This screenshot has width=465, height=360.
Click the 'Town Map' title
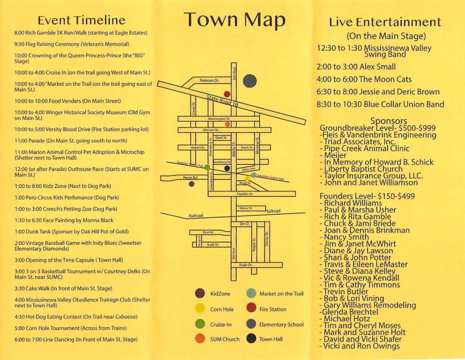235,20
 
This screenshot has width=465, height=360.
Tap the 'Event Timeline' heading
81,21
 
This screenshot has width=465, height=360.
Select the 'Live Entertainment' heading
385,22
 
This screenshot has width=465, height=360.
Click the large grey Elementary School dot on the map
251,81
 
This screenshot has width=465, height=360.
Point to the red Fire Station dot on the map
227,94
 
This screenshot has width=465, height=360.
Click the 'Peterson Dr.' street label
209,80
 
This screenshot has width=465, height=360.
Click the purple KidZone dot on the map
191,184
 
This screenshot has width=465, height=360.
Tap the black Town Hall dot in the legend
251,339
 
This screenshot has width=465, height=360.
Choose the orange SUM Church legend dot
199,339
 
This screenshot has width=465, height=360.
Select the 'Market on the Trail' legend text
283,293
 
